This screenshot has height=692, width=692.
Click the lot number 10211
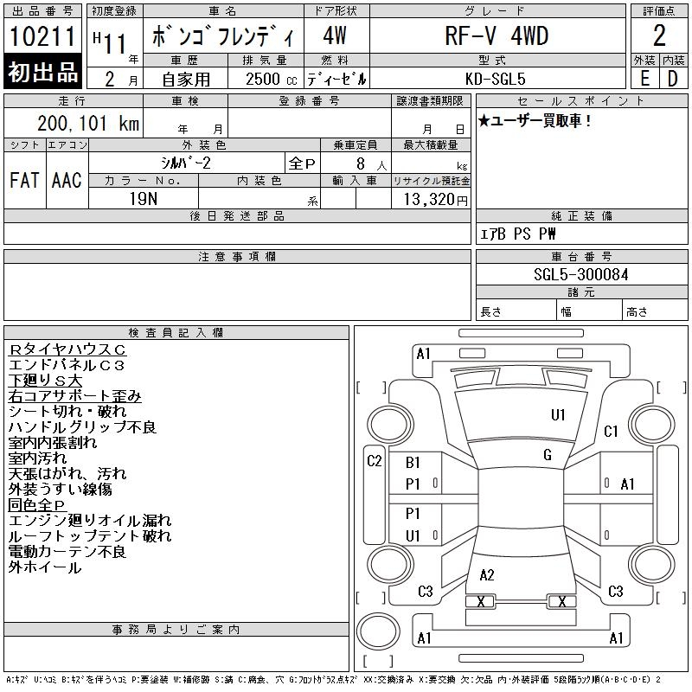(42, 36)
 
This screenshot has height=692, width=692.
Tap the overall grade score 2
(659, 35)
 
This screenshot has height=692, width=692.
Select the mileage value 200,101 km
(88, 123)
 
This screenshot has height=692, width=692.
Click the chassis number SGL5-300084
(580, 274)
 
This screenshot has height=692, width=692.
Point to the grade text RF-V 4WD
(497, 35)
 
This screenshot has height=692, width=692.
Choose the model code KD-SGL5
(495, 79)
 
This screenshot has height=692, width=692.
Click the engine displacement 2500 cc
(271, 79)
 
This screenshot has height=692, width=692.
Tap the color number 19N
(144, 199)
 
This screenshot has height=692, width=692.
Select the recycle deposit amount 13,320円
(435, 200)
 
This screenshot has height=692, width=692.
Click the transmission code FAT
(24, 180)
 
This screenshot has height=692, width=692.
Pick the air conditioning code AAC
(67, 180)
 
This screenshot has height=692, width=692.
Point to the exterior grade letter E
(644, 79)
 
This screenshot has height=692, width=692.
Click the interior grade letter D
(673, 79)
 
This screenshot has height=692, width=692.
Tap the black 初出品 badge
(42, 72)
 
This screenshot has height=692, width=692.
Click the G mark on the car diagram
(548, 455)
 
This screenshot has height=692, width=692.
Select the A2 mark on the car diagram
(487, 575)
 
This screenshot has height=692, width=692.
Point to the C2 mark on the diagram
(375, 461)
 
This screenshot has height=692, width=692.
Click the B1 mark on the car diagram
(413, 463)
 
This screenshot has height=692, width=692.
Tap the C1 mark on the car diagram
(611, 431)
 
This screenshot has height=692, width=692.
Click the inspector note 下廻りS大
(45, 381)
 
